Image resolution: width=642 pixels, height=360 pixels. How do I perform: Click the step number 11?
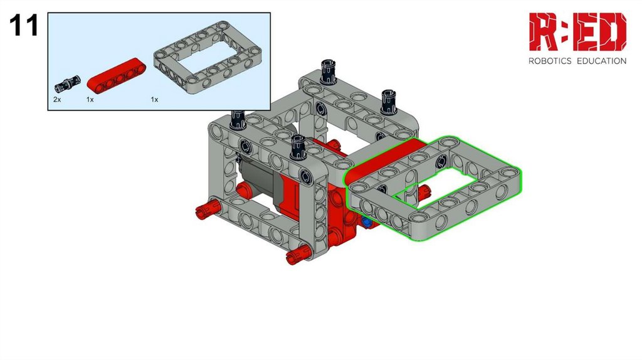tap(24, 25)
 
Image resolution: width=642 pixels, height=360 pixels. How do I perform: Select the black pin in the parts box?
tap(67, 84)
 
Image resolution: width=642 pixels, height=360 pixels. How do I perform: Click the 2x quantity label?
tap(57, 100)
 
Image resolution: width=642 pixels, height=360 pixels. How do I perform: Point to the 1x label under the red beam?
tap(90, 100)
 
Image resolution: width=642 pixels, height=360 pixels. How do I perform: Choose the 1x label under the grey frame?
tap(154, 100)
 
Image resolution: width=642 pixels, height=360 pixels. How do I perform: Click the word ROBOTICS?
tap(550, 61)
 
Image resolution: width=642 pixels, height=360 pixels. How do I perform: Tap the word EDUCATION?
tap(601, 61)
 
